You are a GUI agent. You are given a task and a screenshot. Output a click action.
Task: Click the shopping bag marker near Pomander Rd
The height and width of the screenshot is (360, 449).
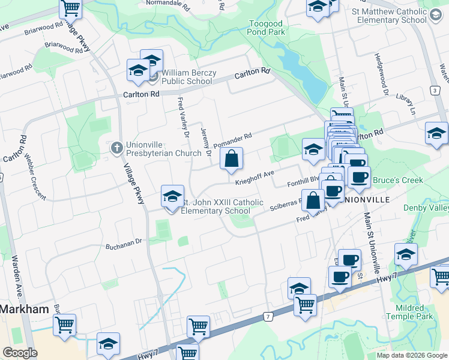(232, 159)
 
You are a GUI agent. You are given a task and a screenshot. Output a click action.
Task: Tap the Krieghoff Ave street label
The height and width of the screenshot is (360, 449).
(255, 176)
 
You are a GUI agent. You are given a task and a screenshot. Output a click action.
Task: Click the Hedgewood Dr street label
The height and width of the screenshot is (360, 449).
(381, 74)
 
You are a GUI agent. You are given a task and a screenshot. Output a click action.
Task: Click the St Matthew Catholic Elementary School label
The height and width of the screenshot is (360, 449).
(391, 15)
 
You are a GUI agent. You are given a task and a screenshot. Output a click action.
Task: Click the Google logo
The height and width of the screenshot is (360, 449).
(20, 353)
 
